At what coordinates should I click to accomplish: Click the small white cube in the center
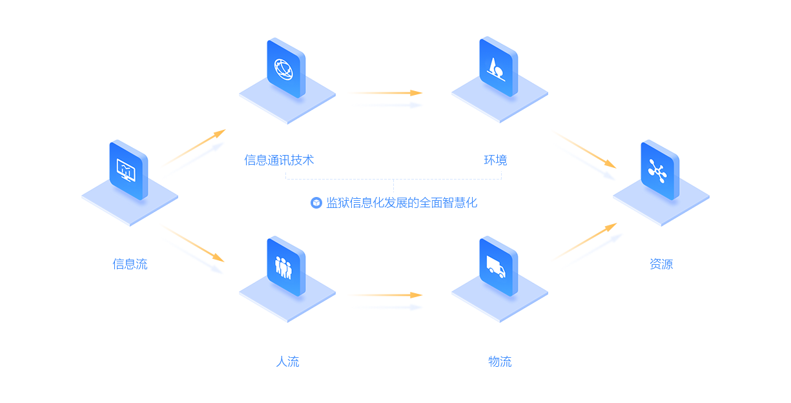pos(316,203)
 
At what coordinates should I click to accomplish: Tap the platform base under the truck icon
pos(497,302)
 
